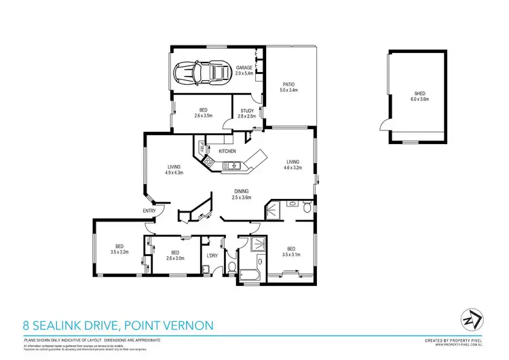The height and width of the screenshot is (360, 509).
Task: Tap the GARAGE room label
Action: (244, 68)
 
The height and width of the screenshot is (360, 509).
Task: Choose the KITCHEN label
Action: (227, 151)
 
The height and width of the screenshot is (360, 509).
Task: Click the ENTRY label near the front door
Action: (149, 211)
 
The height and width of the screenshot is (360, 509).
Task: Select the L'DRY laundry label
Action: (212, 255)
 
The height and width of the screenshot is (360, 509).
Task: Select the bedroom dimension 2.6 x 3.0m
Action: (176, 257)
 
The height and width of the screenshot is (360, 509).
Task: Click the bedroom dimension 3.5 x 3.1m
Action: (290, 254)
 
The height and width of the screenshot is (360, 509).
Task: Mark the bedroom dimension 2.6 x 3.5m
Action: (204, 115)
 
